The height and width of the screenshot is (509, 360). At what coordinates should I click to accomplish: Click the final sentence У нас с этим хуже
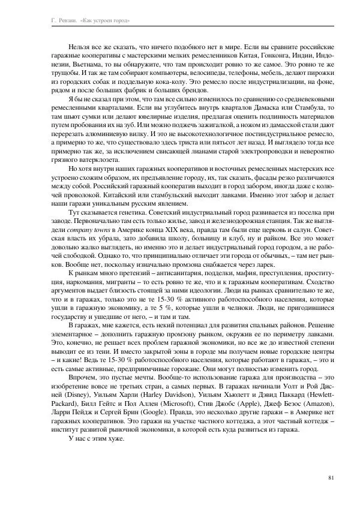coord(97,438)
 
